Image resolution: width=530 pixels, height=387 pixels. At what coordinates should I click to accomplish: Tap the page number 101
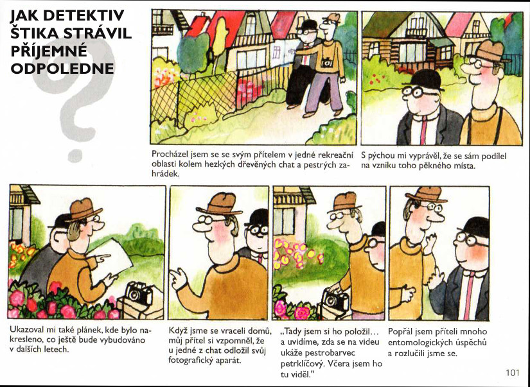[x=513, y=372]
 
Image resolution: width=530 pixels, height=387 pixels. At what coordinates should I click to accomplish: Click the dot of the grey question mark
[x=75, y=155]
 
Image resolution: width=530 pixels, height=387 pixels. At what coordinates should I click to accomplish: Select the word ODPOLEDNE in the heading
[x=62, y=68]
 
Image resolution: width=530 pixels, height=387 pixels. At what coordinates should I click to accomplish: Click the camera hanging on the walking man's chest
[x=326, y=62]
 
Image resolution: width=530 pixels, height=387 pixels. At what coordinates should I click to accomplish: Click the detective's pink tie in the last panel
[x=468, y=295]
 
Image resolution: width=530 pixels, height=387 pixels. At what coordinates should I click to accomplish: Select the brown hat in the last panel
[x=427, y=194]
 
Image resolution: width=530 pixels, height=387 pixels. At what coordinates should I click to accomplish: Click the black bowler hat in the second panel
[x=424, y=80]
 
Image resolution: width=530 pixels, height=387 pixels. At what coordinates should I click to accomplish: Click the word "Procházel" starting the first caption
[x=170, y=155]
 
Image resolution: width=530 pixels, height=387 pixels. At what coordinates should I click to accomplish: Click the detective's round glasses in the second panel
[x=418, y=91]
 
